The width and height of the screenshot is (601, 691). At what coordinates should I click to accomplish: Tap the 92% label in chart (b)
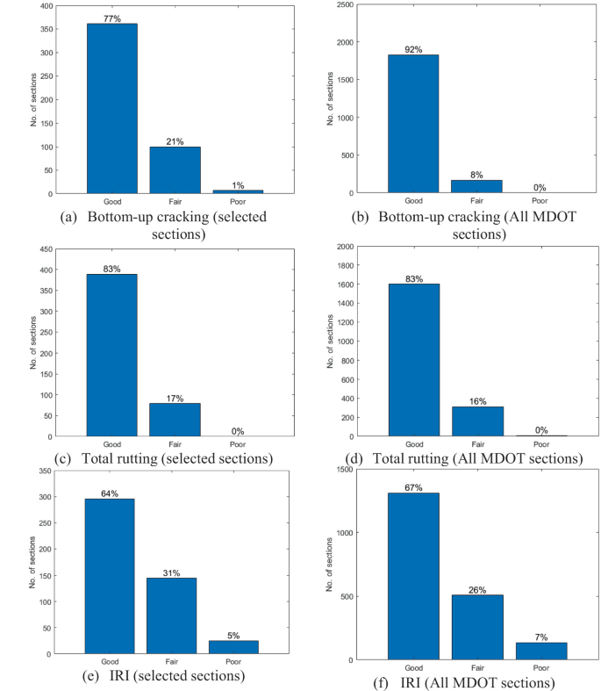coord(413,49)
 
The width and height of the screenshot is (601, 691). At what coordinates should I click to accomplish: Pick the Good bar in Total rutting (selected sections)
coord(111,355)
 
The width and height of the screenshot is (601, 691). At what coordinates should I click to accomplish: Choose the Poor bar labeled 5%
coord(234,647)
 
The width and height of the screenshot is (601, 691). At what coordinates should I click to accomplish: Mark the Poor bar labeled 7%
coord(541,651)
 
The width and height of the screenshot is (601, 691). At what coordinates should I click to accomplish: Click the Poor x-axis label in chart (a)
coord(237,200)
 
